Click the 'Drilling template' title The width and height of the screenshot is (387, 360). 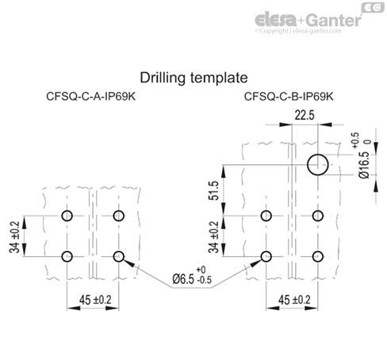[194, 78]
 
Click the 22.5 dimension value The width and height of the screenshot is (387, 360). [305, 115]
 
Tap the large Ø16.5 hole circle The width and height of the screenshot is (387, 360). [319, 165]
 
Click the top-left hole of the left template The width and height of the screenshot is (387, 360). [67, 216]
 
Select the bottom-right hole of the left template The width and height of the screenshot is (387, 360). [119, 255]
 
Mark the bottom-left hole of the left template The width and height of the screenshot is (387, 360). [67, 255]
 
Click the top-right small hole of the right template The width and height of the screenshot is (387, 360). [319, 216]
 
